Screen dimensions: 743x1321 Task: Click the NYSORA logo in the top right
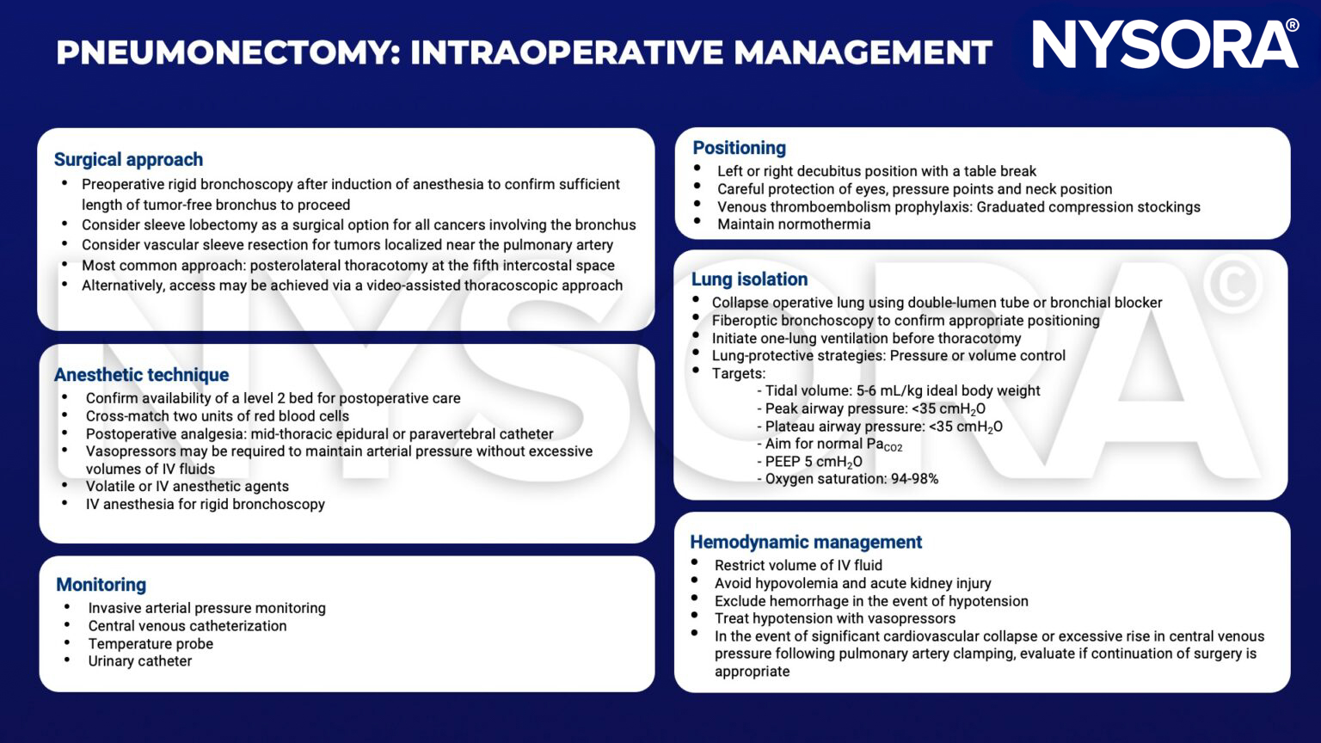click(x=1164, y=45)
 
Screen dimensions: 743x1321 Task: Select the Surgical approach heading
click(x=128, y=160)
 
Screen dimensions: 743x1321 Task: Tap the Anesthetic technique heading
click(x=141, y=375)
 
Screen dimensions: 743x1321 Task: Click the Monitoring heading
click(x=101, y=585)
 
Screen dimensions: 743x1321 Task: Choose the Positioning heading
click(x=739, y=148)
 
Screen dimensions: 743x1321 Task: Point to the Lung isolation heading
click(x=749, y=279)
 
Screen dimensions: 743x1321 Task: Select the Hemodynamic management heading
click(x=805, y=543)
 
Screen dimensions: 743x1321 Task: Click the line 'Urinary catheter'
click(x=139, y=661)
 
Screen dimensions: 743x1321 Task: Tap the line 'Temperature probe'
click(x=151, y=644)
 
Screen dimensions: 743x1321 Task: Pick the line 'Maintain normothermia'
click(x=794, y=224)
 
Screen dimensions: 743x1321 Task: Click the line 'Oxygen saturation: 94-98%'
click(x=851, y=479)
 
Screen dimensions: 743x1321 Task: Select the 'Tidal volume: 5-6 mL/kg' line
click(x=902, y=391)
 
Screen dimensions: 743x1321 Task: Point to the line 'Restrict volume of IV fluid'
click(x=798, y=566)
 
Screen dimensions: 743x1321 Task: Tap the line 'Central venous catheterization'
click(x=187, y=626)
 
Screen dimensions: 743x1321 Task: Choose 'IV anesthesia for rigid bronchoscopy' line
click(x=205, y=504)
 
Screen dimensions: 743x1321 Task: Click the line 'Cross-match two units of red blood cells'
click(x=218, y=416)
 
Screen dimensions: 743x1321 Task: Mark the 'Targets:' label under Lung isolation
click(x=738, y=373)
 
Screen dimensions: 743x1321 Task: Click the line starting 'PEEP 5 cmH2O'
click(x=813, y=462)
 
